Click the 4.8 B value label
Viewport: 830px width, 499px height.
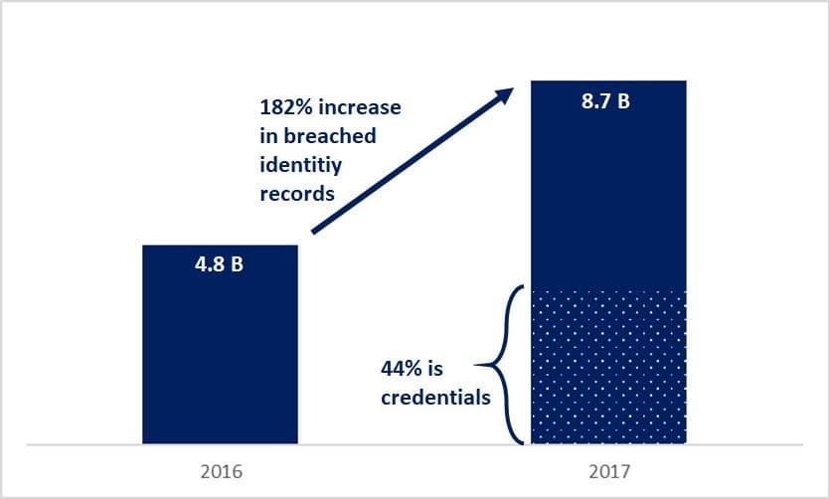(x=220, y=268)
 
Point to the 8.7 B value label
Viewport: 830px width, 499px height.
(x=604, y=102)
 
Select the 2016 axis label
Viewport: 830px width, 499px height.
(x=220, y=469)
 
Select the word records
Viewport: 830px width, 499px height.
(x=297, y=194)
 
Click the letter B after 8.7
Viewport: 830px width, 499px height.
(x=623, y=102)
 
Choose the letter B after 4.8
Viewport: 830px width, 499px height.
(x=238, y=268)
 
